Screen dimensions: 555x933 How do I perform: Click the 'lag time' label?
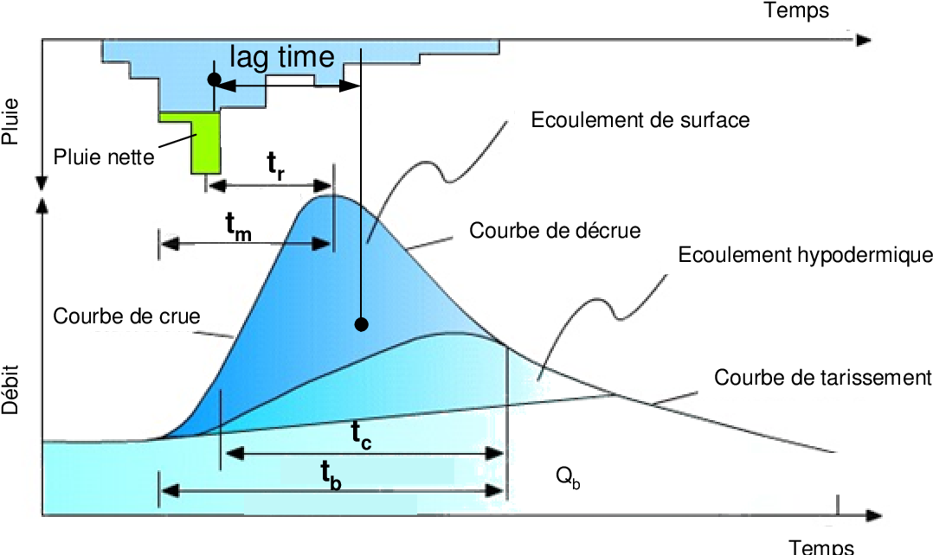click(x=281, y=57)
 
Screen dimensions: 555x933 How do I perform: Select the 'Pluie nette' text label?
click(x=104, y=157)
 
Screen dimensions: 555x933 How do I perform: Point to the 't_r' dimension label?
click(x=276, y=163)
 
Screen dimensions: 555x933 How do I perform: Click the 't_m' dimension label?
click(x=239, y=226)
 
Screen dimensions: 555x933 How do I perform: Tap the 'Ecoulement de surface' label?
click(x=640, y=120)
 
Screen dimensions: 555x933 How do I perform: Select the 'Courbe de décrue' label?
click(x=555, y=231)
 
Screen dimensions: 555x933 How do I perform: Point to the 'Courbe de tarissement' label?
click(x=822, y=378)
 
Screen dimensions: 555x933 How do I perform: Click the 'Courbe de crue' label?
click(x=126, y=316)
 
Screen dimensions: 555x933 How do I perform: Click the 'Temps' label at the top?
click(x=796, y=10)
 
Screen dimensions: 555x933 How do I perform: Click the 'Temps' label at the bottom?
click(x=821, y=546)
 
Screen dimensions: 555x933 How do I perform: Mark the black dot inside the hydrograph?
click(x=362, y=324)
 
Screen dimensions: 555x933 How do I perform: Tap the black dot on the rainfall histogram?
click(x=214, y=80)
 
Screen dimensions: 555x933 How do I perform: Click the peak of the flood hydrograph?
click(x=331, y=195)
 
